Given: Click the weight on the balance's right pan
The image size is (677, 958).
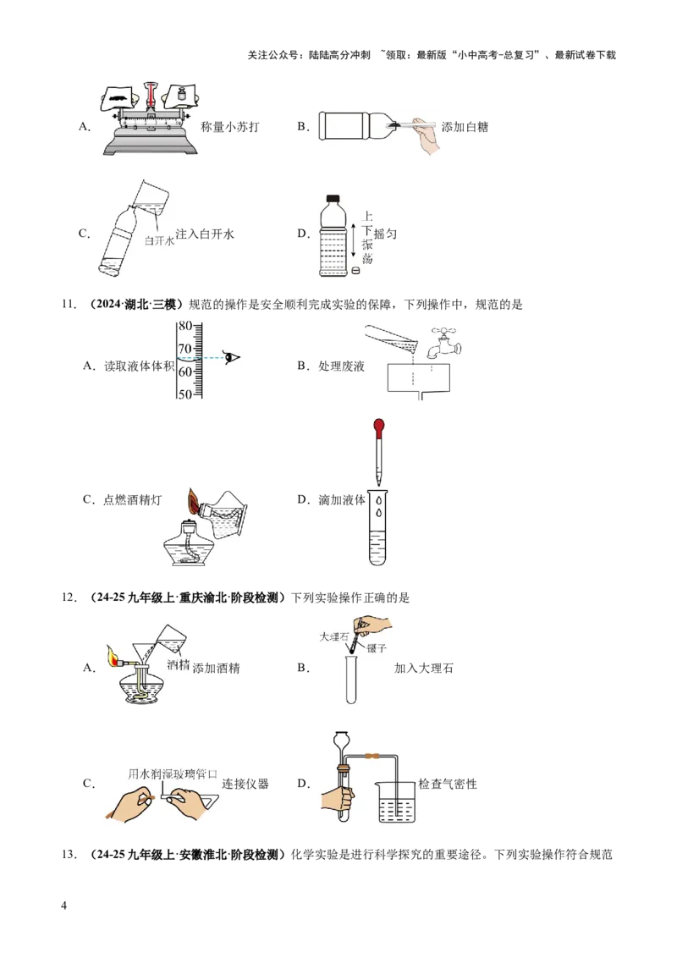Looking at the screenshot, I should pyautogui.click(x=180, y=96).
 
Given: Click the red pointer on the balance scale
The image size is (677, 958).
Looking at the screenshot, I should pyautogui.click(x=151, y=95).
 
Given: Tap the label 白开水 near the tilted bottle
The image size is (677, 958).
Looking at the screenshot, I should pyautogui.click(x=159, y=241).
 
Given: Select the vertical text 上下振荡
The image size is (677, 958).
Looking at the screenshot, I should pyautogui.click(x=367, y=237).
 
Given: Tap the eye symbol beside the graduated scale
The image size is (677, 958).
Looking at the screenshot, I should pyautogui.click(x=234, y=357).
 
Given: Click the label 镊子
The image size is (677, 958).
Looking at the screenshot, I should pyautogui.click(x=377, y=647).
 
